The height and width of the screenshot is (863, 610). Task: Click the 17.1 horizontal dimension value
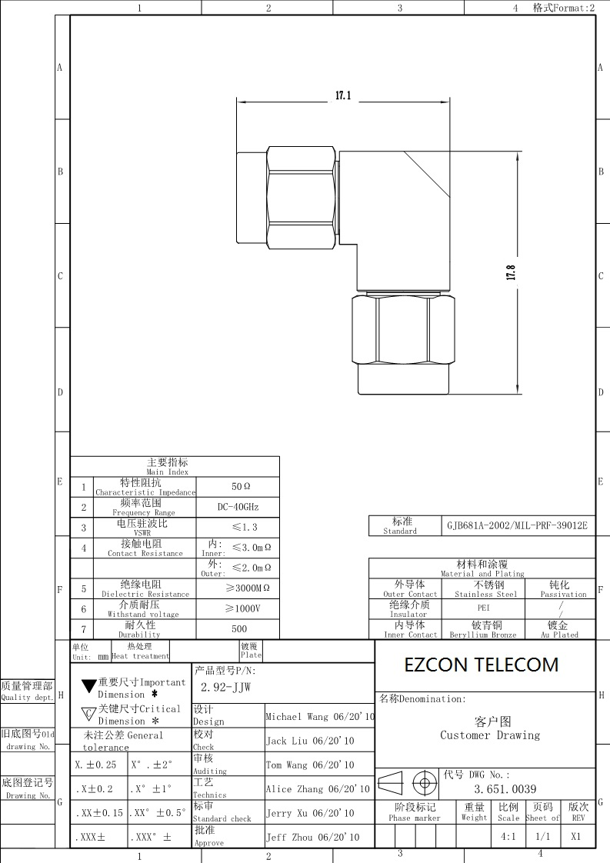tap(343, 96)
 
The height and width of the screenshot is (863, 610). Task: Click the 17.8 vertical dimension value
tap(511, 272)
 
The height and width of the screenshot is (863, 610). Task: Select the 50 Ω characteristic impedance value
tap(241, 487)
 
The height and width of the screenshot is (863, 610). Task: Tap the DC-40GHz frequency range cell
tap(238, 507)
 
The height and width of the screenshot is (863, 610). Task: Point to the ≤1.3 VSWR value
tap(245, 528)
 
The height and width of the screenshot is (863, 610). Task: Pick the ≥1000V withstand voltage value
tap(243, 608)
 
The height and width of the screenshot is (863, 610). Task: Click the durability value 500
tap(239, 628)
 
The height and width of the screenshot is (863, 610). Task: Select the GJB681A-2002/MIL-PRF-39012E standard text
tap(517, 525)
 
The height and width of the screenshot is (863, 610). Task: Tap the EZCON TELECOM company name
tap(482, 665)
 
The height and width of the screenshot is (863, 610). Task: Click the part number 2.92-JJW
tap(225, 688)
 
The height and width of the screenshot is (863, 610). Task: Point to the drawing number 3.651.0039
tap(505, 789)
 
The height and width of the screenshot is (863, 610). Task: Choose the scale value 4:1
tap(508, 837)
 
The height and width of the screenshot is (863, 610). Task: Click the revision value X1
tap(576, 837)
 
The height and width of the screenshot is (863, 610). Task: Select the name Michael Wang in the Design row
tap(297, 717)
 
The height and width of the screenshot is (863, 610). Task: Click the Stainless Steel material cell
tap(485, 595)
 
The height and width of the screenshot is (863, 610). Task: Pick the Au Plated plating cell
tap(559, 635)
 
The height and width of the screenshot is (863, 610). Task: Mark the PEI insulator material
tap(483, 608)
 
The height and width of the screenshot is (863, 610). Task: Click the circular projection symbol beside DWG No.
tap(425, 783)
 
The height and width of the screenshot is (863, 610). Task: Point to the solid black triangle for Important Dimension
tap(89, 686)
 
